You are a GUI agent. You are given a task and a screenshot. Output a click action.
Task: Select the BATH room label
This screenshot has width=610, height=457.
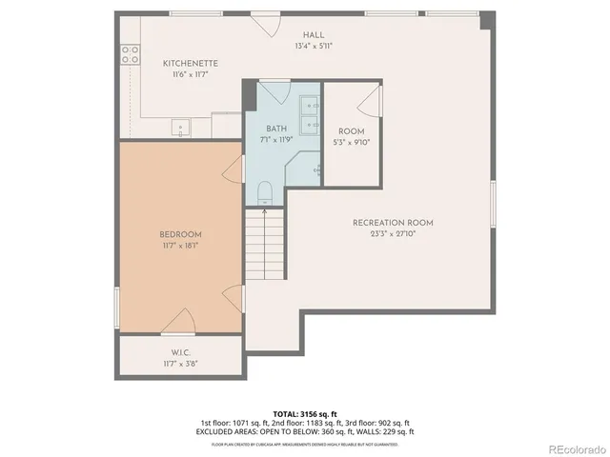(276, 129)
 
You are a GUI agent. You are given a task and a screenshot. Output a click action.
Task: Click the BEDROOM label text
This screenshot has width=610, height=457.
(179, 234)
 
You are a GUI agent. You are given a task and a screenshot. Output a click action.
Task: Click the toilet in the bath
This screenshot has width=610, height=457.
(266, 190)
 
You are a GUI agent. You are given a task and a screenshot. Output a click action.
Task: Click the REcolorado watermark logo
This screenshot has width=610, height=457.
(573, 447)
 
